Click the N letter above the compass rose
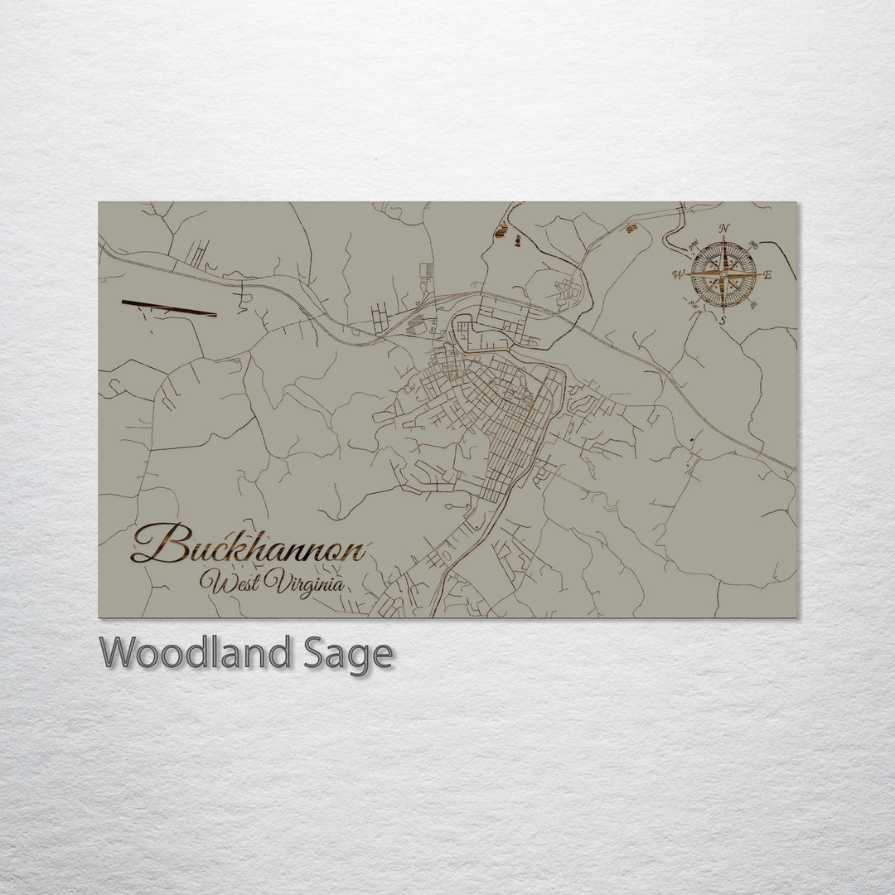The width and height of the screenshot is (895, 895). [x=724, y=228]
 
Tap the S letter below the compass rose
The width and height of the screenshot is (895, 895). [x=723, y=319]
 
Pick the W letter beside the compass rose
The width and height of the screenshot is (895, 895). [x=678, y=275]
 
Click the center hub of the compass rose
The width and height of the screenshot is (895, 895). [x=723, y=274]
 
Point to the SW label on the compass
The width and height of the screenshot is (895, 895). [x=694, y=304]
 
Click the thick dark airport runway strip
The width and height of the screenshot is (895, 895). [x=169, y=308]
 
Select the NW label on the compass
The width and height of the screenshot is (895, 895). [x=693, y=244]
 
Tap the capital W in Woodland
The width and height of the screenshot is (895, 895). [x=119, y=654]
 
